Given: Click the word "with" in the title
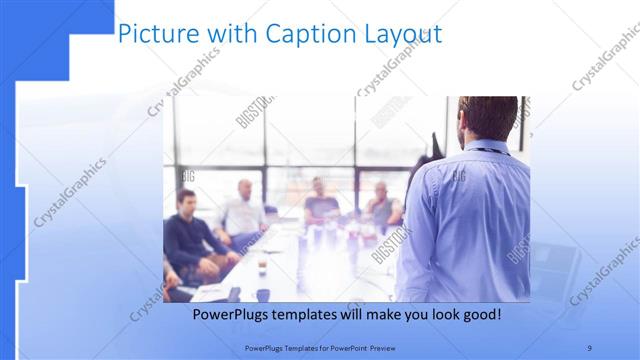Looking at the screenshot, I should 228,34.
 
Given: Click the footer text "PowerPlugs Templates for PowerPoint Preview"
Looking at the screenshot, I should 320,348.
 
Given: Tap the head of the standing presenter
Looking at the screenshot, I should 489,118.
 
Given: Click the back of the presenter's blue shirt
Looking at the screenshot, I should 470,220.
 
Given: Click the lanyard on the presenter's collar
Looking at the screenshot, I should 490,150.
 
